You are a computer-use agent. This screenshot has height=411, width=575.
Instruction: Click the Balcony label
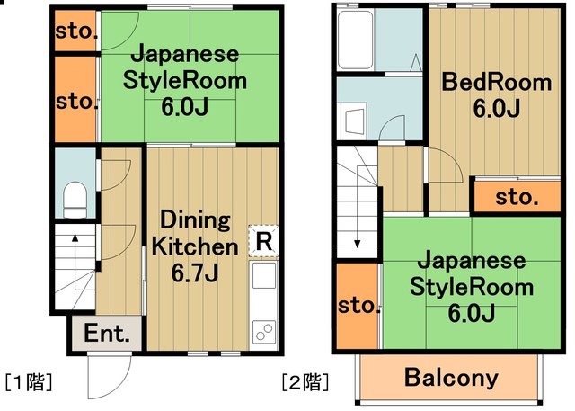[451, 378]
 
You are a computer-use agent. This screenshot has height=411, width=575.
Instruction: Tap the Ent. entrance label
[107, 334]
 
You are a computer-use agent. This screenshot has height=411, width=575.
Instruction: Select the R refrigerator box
[263, 240]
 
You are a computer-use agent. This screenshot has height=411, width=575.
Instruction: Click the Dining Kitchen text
[195, 233]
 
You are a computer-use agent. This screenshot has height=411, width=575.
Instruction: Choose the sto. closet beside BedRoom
[517, 195]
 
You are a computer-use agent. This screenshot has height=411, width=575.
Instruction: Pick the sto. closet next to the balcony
[359, 306]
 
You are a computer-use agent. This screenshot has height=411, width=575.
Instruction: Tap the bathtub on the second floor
[354, 40]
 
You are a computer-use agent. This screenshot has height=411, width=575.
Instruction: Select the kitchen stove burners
[264, 331]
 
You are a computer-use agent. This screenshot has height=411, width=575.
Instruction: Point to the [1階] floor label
[29, 380]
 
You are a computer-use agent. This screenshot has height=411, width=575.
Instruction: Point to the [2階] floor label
[305, 380]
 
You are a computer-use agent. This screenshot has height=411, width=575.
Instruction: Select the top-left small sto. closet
[76, 32]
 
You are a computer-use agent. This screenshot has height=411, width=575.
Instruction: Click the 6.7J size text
[195, 271]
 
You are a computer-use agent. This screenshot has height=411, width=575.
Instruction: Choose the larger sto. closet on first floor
[76, 101]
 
